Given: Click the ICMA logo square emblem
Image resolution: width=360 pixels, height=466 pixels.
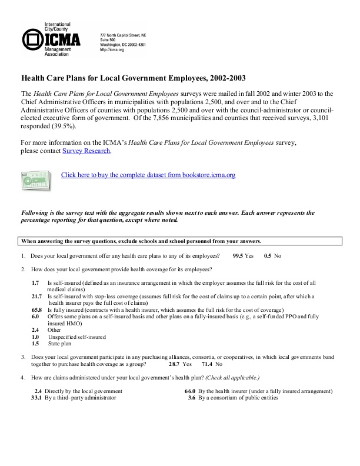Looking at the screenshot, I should [x=32, y=39].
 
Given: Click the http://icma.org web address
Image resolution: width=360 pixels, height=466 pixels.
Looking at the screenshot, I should [x=112, y=50].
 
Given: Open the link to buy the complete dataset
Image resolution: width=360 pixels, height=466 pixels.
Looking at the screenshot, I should [x=148, y=175].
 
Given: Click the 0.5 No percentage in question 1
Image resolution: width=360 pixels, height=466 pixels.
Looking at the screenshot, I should [x=268, y=257].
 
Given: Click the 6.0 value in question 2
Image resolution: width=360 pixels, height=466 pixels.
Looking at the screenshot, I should [x=35, y=316].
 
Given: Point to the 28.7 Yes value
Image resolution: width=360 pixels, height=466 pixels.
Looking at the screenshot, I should [x=175, y=364].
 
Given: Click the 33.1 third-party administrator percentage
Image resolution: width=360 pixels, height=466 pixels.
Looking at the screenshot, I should [x=36, y=398].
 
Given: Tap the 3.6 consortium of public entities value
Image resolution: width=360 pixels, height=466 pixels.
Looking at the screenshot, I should [x=191, y=398].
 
